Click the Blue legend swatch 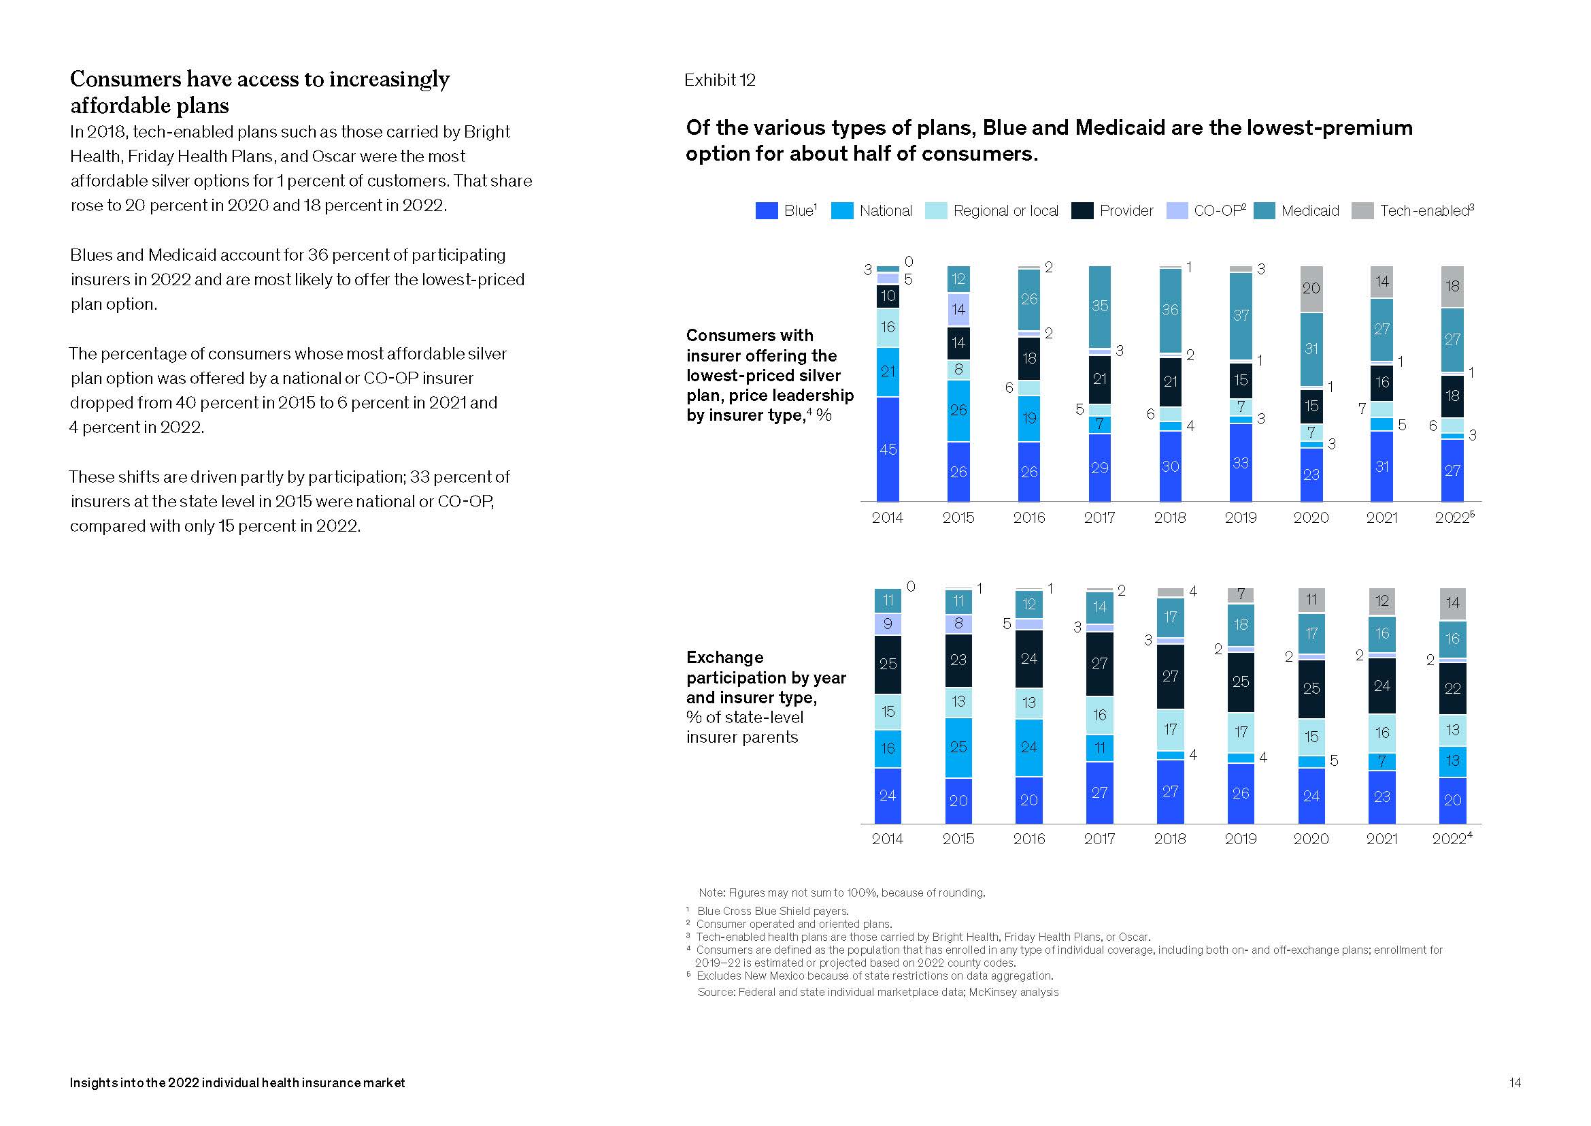pyautogui.click(x=767, y=211)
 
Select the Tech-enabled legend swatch pyautogui.click(x=1362, y=211)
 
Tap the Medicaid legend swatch pyautogui.click(x=1264, y=211)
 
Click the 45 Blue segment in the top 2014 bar pyautogui.click(x=888, y=449)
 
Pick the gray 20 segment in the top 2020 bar pyautogui.click(x=1311, y=289)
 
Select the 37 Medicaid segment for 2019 pyautogui.click(x=1241, y=316)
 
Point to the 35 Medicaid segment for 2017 pyautogui.click(x=1100, y=306)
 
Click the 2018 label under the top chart pyautogui.click(x=1170, y=517)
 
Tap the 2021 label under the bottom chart pyautogui.click(x=1381, y=839)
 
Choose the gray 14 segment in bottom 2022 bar pyautogui.click(x=1452, y=602)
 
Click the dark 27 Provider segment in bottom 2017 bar pyautogui.click(x=1100, y=664)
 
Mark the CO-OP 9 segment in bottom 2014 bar pyautogui.click(x=888, y=624)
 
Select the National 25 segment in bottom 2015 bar pyautogui.click(x=958, y=747)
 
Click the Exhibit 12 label pyautogui.click(x=719, y=80)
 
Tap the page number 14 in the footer pyautogui.click(x=1515, y=1082)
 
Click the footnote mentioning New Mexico pyautogui.click(x=875, y=976)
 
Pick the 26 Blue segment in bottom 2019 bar pyautogui.click(x=1241, y=793)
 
